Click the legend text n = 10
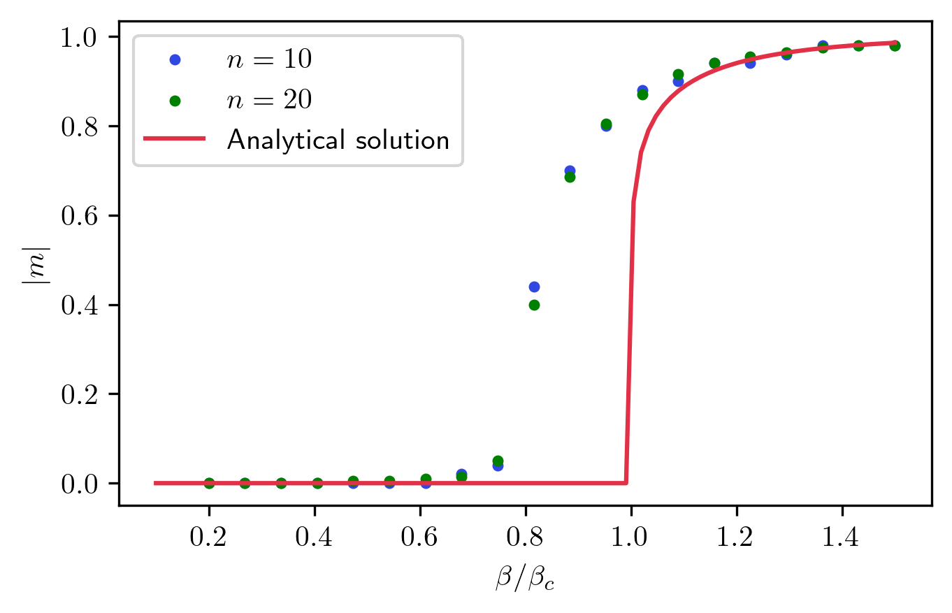(268, 61)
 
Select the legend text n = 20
(268, 101)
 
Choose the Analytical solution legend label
(338, 140)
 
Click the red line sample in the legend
(175, 139)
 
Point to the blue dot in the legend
(175, 61)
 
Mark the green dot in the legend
(175, 101)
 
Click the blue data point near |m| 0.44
(535, 287)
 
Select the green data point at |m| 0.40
(535, 305)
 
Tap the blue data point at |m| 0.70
(570, 171)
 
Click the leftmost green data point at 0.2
(209, 483)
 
